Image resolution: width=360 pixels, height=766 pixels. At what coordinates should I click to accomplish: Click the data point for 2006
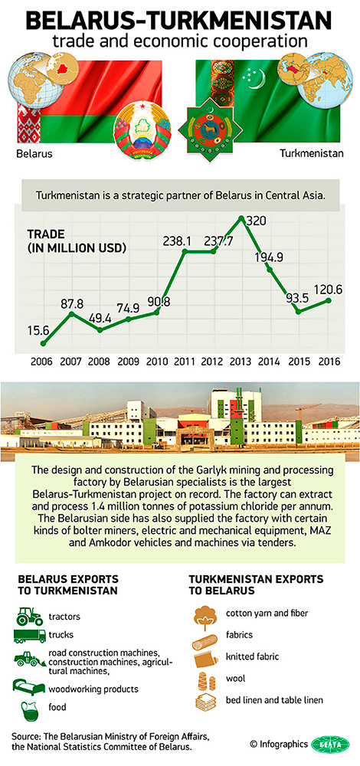tap(44, 343)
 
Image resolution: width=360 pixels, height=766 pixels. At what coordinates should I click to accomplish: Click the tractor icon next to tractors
tap(29, 615)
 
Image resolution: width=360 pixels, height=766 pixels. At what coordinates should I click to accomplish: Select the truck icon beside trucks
tap(29, 635)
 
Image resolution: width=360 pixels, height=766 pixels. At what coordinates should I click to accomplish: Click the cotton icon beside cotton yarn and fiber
tap(207, 614)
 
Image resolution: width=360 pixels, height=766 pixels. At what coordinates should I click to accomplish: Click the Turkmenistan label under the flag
tap(312, 153)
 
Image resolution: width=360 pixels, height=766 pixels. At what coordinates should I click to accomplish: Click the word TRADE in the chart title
tap(47, 234)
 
